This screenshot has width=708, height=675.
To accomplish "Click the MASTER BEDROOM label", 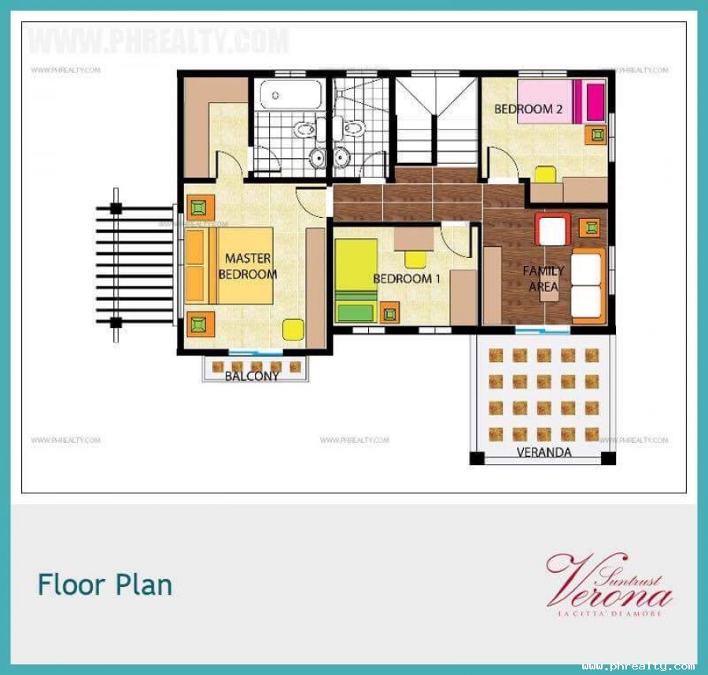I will click(248, 267).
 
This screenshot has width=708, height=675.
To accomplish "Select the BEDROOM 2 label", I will click(528, 109).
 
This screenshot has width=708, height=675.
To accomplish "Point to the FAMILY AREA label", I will click(544, 278).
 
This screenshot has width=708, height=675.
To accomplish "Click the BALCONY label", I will click(252, 376).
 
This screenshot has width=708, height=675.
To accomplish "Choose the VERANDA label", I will click(544, 452).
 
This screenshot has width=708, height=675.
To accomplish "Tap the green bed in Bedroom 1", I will click(356, 281).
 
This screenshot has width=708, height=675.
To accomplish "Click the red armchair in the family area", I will click(553, 230).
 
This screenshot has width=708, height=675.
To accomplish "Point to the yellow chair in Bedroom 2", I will click(544, 174).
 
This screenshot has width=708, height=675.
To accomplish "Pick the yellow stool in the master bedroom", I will click(292, 329).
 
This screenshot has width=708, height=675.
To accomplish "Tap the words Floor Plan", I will click(105, 585).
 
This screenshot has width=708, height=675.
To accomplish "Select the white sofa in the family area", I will click(588, 286).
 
